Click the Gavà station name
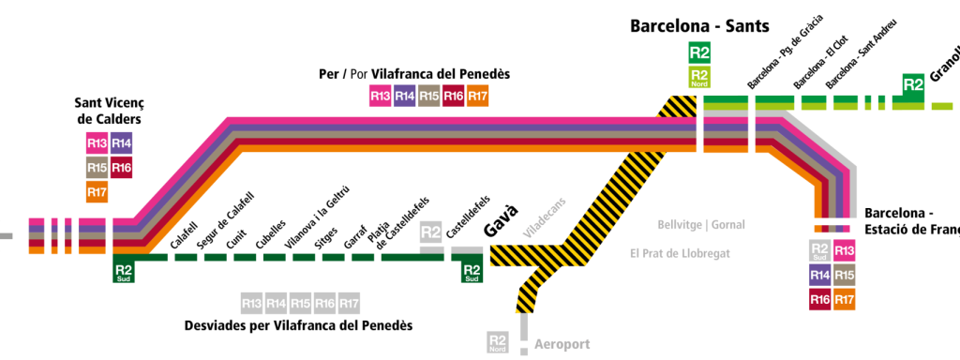[x=500, y=232]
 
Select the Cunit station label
[x=236, y=240]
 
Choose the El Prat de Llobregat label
[x=679, y=253]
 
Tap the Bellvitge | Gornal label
[x=701, y=225]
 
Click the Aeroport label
[x=562, y=344]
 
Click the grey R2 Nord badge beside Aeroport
[x=497, y=343]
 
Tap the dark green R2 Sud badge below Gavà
[x=472, y=272]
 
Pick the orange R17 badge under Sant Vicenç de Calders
[x=97, y=192]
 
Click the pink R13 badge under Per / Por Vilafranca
[x=381, y=96]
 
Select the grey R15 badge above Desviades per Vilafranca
[x=300, y=303]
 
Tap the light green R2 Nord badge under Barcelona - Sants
[x=699, y=77]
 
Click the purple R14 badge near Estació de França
[x=820, y=275]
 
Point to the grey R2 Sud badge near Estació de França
[x=820, y=250]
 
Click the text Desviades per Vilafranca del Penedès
[x=298, y=325]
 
